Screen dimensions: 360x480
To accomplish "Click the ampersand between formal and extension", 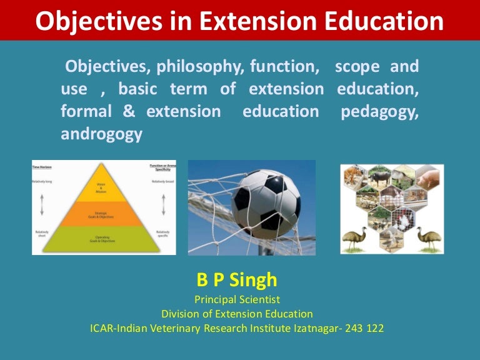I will click(x=129, y=112).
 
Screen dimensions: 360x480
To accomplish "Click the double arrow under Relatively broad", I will click(x=163, y=204).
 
